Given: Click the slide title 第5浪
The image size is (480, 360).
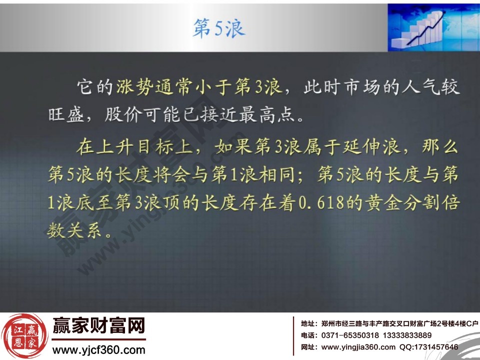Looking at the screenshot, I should tap(219, 29).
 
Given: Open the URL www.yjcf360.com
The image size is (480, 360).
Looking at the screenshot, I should tap(98, 349).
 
